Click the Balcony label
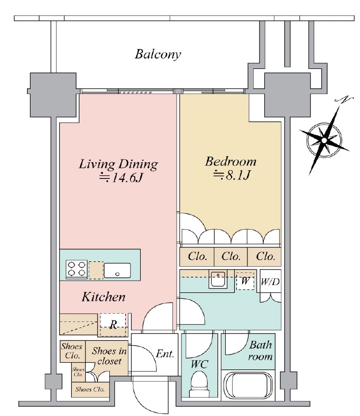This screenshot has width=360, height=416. [158, 54]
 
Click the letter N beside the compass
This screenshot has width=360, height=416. [345, 100]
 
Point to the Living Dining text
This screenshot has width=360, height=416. [118, 164]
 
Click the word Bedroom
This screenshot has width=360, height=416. [230, 161]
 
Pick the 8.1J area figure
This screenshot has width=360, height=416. [232, 175]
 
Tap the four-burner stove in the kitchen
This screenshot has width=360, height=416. [77, 269]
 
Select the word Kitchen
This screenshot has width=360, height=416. [103, 297]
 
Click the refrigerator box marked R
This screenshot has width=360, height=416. [113, 323]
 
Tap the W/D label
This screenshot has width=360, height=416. [270, 282]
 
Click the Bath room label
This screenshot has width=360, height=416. [261, 352]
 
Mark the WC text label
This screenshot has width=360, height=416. [199, 364]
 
